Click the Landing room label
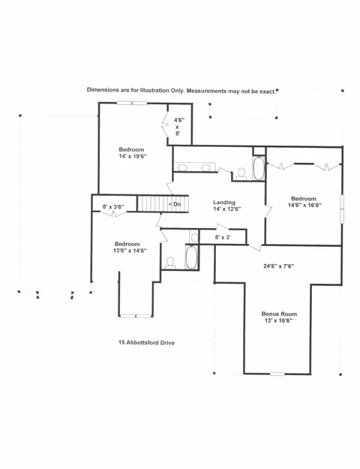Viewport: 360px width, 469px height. tap(224, 203)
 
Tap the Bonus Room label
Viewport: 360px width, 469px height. tap(279, 314)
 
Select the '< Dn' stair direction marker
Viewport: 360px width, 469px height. tap(174, 204)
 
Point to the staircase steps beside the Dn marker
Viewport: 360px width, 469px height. tap(152, 203)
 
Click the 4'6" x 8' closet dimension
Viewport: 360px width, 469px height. tap(179, 127)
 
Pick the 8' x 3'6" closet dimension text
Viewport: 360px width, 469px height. tap(113, 206)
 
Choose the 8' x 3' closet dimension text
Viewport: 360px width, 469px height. tap(223, 238)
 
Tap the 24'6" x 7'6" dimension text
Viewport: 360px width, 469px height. tap(279, 266)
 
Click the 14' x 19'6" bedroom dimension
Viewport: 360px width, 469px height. tap(133, 156)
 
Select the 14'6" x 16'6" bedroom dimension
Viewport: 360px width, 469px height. tap(304, 205)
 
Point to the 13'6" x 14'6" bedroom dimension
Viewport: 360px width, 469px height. tap(130, 251)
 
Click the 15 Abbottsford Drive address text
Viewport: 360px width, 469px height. tap(146, 343)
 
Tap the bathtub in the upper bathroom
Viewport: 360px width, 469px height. tap(259, 168)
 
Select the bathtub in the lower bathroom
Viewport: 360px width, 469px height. tap(191, 257)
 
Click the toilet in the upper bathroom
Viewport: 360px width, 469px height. tap(241, 174)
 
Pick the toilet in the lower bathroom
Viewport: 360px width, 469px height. tap(170, 263)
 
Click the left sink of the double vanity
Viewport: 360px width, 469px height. tap(182, 167)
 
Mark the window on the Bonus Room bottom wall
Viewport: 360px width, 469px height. tap(277, 374)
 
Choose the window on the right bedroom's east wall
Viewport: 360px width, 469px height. tap(342, 209)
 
